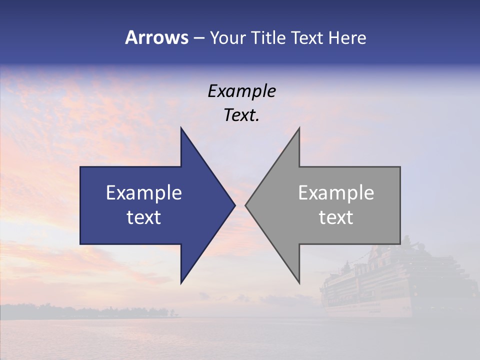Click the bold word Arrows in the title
157,37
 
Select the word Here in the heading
347,37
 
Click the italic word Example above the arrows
241,91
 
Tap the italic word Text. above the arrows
241,115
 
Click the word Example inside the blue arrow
144,193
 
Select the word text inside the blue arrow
144,217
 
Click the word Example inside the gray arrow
336,193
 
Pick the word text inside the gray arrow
336,217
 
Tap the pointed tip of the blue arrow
234,205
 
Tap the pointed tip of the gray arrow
246,205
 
